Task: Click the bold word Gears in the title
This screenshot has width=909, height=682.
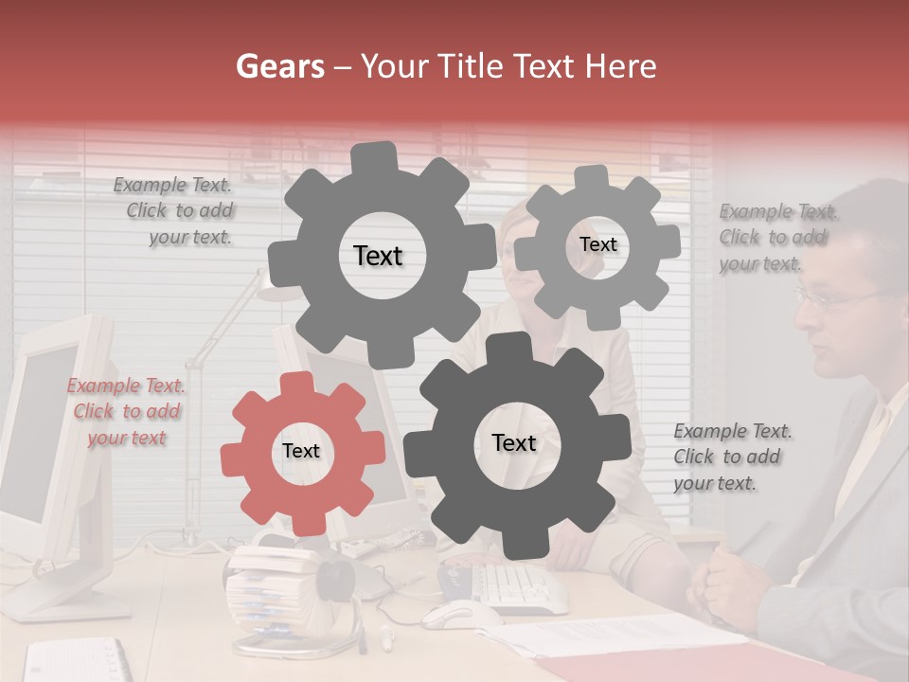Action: pos(279,66)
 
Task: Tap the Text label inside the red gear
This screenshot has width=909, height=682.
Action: pos(301,452)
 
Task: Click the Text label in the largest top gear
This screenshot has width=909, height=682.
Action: pos(378,256)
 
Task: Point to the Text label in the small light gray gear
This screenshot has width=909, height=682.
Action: pos(597,244)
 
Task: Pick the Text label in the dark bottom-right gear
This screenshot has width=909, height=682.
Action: pos(514,443)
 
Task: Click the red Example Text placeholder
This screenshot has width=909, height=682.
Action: pos(127,412)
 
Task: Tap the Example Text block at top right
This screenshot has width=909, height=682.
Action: pos(776,238)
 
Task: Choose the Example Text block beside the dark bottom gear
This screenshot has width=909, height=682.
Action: pos(731,457)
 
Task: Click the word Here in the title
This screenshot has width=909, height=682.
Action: pos(621,66)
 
